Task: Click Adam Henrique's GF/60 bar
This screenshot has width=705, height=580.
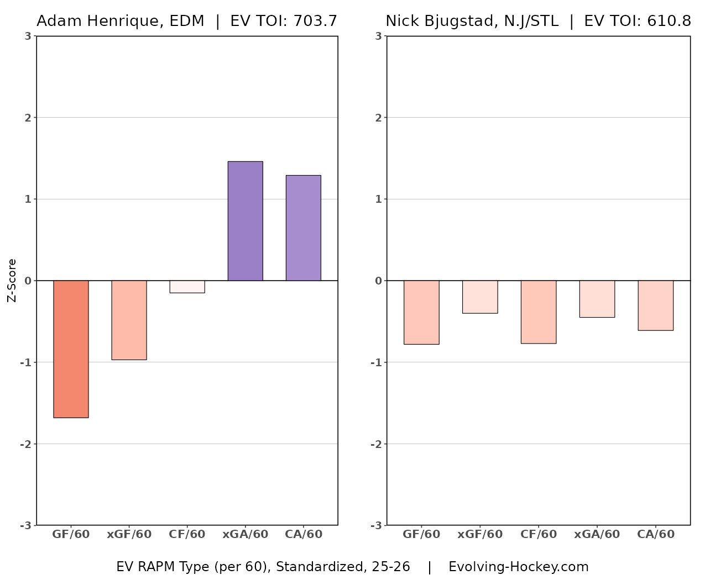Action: tap(71, 349)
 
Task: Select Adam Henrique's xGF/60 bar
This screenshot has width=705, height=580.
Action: tap(129, 320)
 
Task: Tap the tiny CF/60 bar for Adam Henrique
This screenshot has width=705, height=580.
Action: tap(187, 287)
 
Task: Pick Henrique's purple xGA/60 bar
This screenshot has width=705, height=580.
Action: tap(245, 221)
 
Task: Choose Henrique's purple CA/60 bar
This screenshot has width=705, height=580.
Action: tap(303, 228)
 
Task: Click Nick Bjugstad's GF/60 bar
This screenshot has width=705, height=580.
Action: tap(421, 312)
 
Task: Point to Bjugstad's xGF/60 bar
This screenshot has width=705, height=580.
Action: tap(480, 297)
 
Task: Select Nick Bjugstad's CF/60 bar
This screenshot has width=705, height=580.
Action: tap(539, 312)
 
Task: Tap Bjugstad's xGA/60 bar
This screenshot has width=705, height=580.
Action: tap(597, 299)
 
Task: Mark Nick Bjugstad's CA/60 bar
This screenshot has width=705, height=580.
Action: tap(656, 305)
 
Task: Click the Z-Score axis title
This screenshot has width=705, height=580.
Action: tap(12, 281)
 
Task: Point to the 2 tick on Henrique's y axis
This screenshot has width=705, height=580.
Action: tap(28, 118)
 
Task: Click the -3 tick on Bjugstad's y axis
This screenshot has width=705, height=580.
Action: tap(376, 525)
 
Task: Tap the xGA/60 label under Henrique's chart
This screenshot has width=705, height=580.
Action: tap(245, 534)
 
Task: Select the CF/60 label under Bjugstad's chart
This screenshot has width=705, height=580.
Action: tap(539, 534)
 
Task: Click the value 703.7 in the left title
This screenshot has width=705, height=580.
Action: tap(315, 21)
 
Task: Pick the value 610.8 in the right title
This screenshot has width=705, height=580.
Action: tap(669, 21)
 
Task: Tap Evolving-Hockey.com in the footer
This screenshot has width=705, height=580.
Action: tap(518, 567)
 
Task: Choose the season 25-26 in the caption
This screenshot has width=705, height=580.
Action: tap(391, 567)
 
